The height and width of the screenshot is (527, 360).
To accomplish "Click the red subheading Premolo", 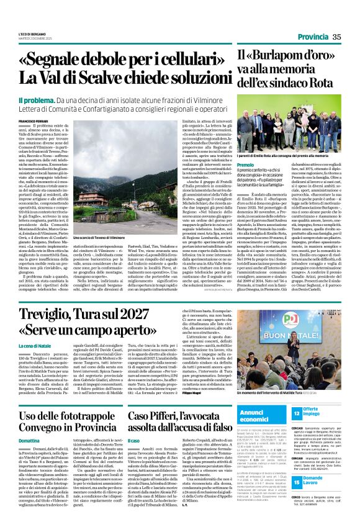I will pos(245,164).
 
